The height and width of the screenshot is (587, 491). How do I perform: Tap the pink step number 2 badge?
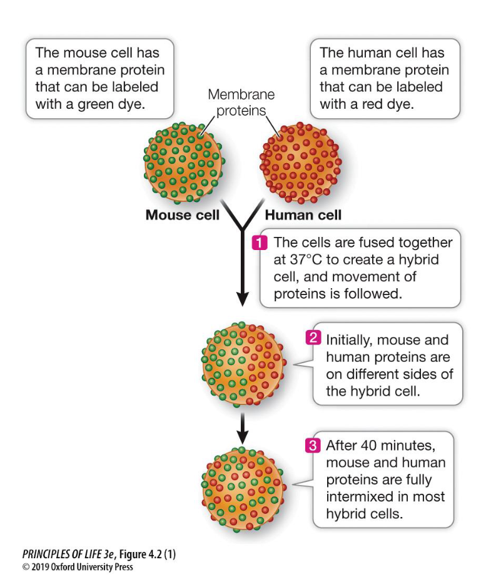(x=311, y=339)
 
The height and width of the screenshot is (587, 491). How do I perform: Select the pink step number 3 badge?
(x=311, y=446)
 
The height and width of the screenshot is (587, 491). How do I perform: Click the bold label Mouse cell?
(x=182, y=215)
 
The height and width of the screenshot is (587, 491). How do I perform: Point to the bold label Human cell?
(x=303, y=215)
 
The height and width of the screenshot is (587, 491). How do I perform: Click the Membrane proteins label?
(x=241, y=103)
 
